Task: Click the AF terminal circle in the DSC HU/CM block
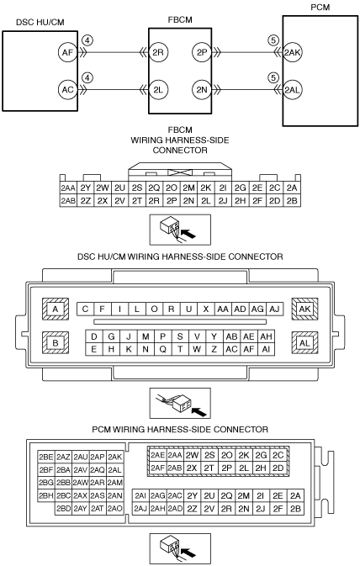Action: coord(67,52)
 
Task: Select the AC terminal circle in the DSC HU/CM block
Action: coord(67,89)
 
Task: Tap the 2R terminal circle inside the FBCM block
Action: coord(158,52)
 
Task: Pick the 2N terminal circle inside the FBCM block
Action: coord(202,89)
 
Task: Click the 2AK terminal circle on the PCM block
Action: coord(292,52)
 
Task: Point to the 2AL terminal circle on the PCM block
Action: coord(292,89)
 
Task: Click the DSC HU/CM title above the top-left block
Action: coord(40,23)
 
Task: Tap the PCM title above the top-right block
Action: coord(320,8)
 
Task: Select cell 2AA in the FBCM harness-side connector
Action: coord(68,188)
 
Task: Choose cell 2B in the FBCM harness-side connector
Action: coord(292,201)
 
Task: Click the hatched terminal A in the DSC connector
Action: coord(56,309)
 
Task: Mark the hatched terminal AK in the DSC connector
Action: coord(304,309)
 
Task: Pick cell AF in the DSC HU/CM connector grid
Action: coord(249,349)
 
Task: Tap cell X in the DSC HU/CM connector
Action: coord(206,309)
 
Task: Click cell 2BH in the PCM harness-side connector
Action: coord(46,495)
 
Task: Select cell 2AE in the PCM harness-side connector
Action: coord(158,455)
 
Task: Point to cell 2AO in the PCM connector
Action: coord(115,508)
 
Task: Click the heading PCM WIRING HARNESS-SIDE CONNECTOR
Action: coord(180,430)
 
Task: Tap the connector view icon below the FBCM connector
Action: coord(180,230)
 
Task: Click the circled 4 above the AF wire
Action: coord(87,40)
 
